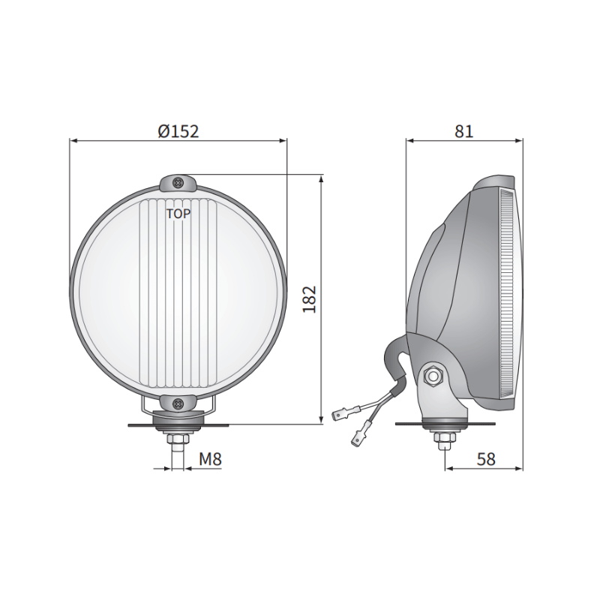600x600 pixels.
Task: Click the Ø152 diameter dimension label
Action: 178,130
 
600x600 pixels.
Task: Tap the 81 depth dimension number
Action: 463,130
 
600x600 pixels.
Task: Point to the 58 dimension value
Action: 486,459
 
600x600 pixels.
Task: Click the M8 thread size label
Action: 210,459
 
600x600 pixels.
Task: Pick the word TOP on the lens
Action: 178,214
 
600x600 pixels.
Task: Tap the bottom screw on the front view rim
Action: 178,404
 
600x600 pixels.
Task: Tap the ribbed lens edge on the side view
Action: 508,292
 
